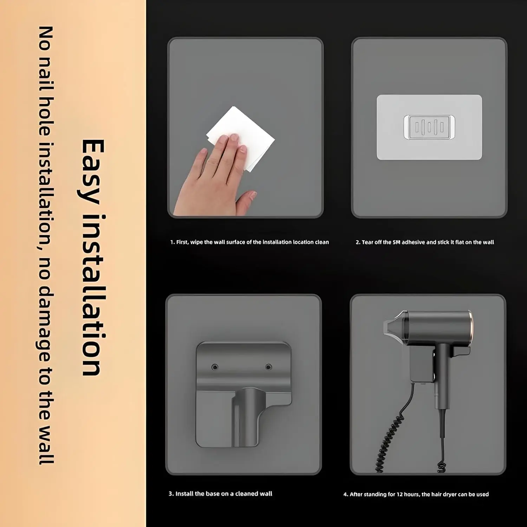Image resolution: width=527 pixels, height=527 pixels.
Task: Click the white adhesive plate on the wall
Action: [x=429, y=127]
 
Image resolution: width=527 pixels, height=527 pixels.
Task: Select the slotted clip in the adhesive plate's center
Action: [x=429, y=127]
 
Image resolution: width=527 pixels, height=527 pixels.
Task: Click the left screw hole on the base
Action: [x=215, y=367]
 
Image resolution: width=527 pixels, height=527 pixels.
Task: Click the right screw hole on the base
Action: [x=268, y=367]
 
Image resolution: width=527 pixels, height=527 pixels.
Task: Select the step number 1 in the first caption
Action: [x=172, y=242]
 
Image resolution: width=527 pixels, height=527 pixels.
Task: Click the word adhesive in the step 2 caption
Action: [x=414, y=242]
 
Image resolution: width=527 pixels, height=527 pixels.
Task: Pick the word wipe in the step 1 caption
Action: [x=196, y=242]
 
